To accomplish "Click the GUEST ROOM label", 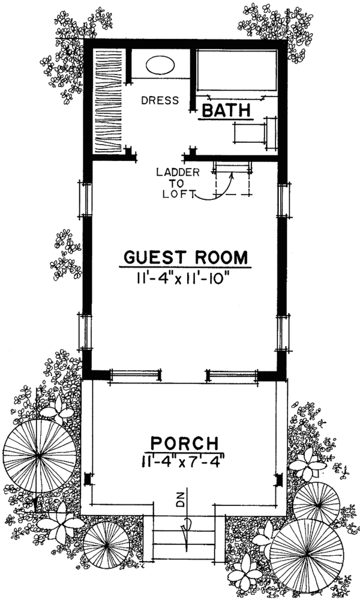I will click(x=185, y=257).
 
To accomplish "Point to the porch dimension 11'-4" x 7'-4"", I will click(x=184, y=463).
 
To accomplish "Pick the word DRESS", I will click(x=160, y=100).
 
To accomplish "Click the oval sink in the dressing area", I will click(x=159, y=65).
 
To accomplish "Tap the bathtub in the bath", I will click(x=237, y=71).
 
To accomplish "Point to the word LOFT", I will click(x=176, y=194).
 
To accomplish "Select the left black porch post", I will click(x=89, y=479).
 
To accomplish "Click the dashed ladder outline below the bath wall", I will click(x=232, y=179).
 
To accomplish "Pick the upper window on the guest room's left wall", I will click(x=85, y=200).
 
